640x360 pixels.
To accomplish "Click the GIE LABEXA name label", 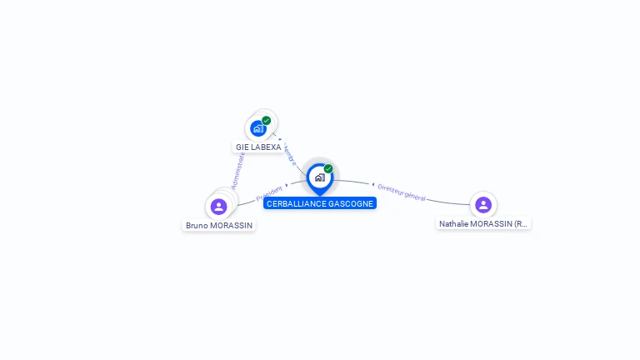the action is tap(258, 147).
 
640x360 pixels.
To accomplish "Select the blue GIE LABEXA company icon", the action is tap(258, 128).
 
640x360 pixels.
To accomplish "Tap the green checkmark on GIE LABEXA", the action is tap(267, 120).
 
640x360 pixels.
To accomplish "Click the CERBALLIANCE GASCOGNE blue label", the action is tap(320, 203).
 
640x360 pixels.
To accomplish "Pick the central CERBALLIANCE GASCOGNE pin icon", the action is tap(319, 177).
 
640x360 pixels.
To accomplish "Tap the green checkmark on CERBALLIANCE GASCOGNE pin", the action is tap(328, 168).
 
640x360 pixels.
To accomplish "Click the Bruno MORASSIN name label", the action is tap(219, 226).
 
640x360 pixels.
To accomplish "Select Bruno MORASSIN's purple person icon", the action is tap(219, 206).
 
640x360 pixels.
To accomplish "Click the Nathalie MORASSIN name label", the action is tap(483, 224).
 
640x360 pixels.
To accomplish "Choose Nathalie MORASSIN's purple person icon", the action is tap(483, 204).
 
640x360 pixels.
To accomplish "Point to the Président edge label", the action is tap(269, 192).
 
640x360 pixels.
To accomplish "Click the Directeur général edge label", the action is tap(402, 192).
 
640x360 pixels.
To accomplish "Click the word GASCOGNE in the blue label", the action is tap(352, 203).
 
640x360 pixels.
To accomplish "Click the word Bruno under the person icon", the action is tap(197, 226).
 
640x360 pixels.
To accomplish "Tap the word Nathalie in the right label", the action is tap(455, 224).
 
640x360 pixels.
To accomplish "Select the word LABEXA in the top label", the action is tap(266, 147).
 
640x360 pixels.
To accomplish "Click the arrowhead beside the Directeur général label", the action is tap(373, 185).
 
